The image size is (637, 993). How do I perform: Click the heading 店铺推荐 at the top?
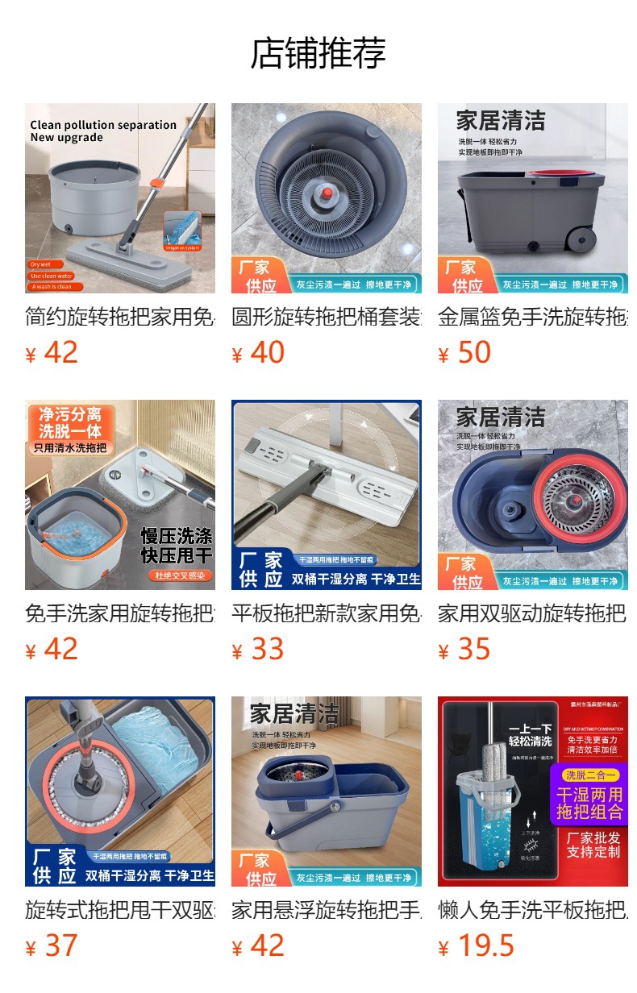click(x=318, y=53)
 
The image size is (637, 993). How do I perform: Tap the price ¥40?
click(x=258, y=353)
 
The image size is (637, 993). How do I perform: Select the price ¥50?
click(x=464, y=353)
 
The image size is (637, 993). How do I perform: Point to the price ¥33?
click(x=258, y=650)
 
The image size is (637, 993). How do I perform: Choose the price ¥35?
click(x=464, y=650)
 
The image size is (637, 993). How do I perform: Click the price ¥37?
click(x=52, y=946)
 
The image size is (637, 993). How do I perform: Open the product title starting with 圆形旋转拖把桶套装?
click(x=326, y=317)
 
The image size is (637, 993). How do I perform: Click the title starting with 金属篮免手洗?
click(x=532, y=317)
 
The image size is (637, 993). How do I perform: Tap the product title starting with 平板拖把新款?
click(x=326, y=613)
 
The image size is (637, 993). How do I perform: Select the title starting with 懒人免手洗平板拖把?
click(x=532, y=910)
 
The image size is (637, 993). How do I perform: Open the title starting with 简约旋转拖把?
click(x=119, y=317)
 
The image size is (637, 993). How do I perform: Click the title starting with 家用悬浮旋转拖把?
click(x=326, y=910)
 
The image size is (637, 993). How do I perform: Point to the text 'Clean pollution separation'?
click(x=103, y=125)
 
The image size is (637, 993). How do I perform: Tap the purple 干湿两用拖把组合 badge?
click(x=590, y=796)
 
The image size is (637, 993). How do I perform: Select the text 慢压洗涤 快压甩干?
click(x=177, y=546)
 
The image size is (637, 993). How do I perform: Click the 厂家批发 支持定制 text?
click(x=593, y=845)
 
